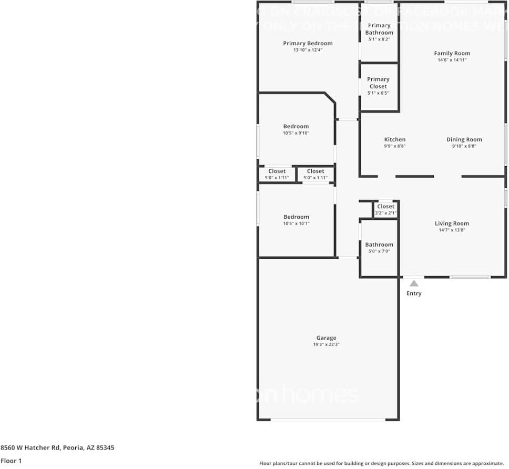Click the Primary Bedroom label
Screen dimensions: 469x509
[x=308, y=43]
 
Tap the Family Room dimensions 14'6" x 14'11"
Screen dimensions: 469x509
[x=452, y=60]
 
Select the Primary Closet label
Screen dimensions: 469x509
[x=378, y=83]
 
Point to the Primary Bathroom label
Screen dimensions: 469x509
[x=379, y=29]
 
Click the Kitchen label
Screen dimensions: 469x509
[x=394, y=139]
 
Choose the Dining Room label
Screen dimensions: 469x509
[x=464, y=139]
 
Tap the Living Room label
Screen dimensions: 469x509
[x=452, y=223]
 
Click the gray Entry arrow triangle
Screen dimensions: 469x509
[x=414, y=283]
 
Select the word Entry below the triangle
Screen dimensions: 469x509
[x=414, y=293]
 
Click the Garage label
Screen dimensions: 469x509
[x=326, y=338]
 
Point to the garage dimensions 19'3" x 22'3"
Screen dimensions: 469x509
[x=326, y=345]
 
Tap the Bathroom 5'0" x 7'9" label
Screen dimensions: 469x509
[x=379, y=244]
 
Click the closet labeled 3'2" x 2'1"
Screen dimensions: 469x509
[x=385, y=209]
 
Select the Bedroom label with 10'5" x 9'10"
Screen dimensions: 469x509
[x=296, y=126]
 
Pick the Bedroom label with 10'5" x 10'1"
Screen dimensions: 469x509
[x=296, y=217]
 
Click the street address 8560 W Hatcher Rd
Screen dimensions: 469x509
[x=57, y=448]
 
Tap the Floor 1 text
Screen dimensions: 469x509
[x=11, y=461]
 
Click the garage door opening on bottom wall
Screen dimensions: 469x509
[x=328, y=420]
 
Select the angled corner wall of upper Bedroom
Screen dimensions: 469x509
[x=330, y=98]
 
